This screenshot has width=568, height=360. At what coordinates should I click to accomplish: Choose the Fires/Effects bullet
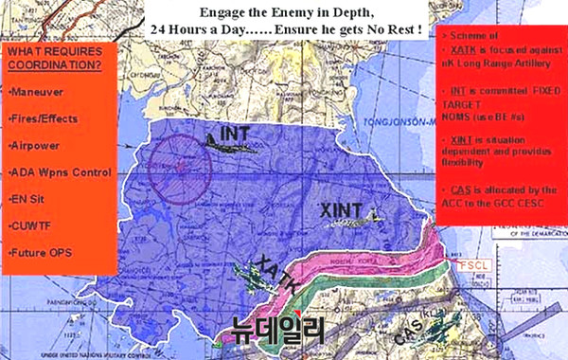click(44, 119)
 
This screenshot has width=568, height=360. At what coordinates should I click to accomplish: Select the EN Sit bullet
click(29, 200)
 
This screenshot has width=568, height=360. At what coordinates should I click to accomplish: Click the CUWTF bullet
click(32, 226)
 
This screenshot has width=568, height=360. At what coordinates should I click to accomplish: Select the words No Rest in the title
click(396, 29)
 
